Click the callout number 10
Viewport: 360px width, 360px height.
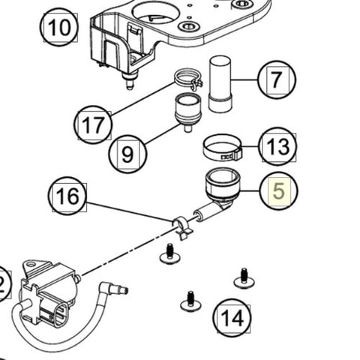click(58, 29)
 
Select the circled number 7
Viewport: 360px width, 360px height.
click(277, 80)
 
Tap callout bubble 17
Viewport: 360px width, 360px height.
click(93, 124)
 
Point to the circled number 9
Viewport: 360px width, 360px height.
click(127, 155)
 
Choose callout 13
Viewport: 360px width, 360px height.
click(277, 146)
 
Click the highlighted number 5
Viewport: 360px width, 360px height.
click(278, 191)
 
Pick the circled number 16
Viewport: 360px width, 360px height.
click(67, 197)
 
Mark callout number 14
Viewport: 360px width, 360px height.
click(232, 317)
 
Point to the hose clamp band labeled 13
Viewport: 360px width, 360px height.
click(222, 148)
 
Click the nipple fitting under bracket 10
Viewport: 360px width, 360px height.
click(128, 80)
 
